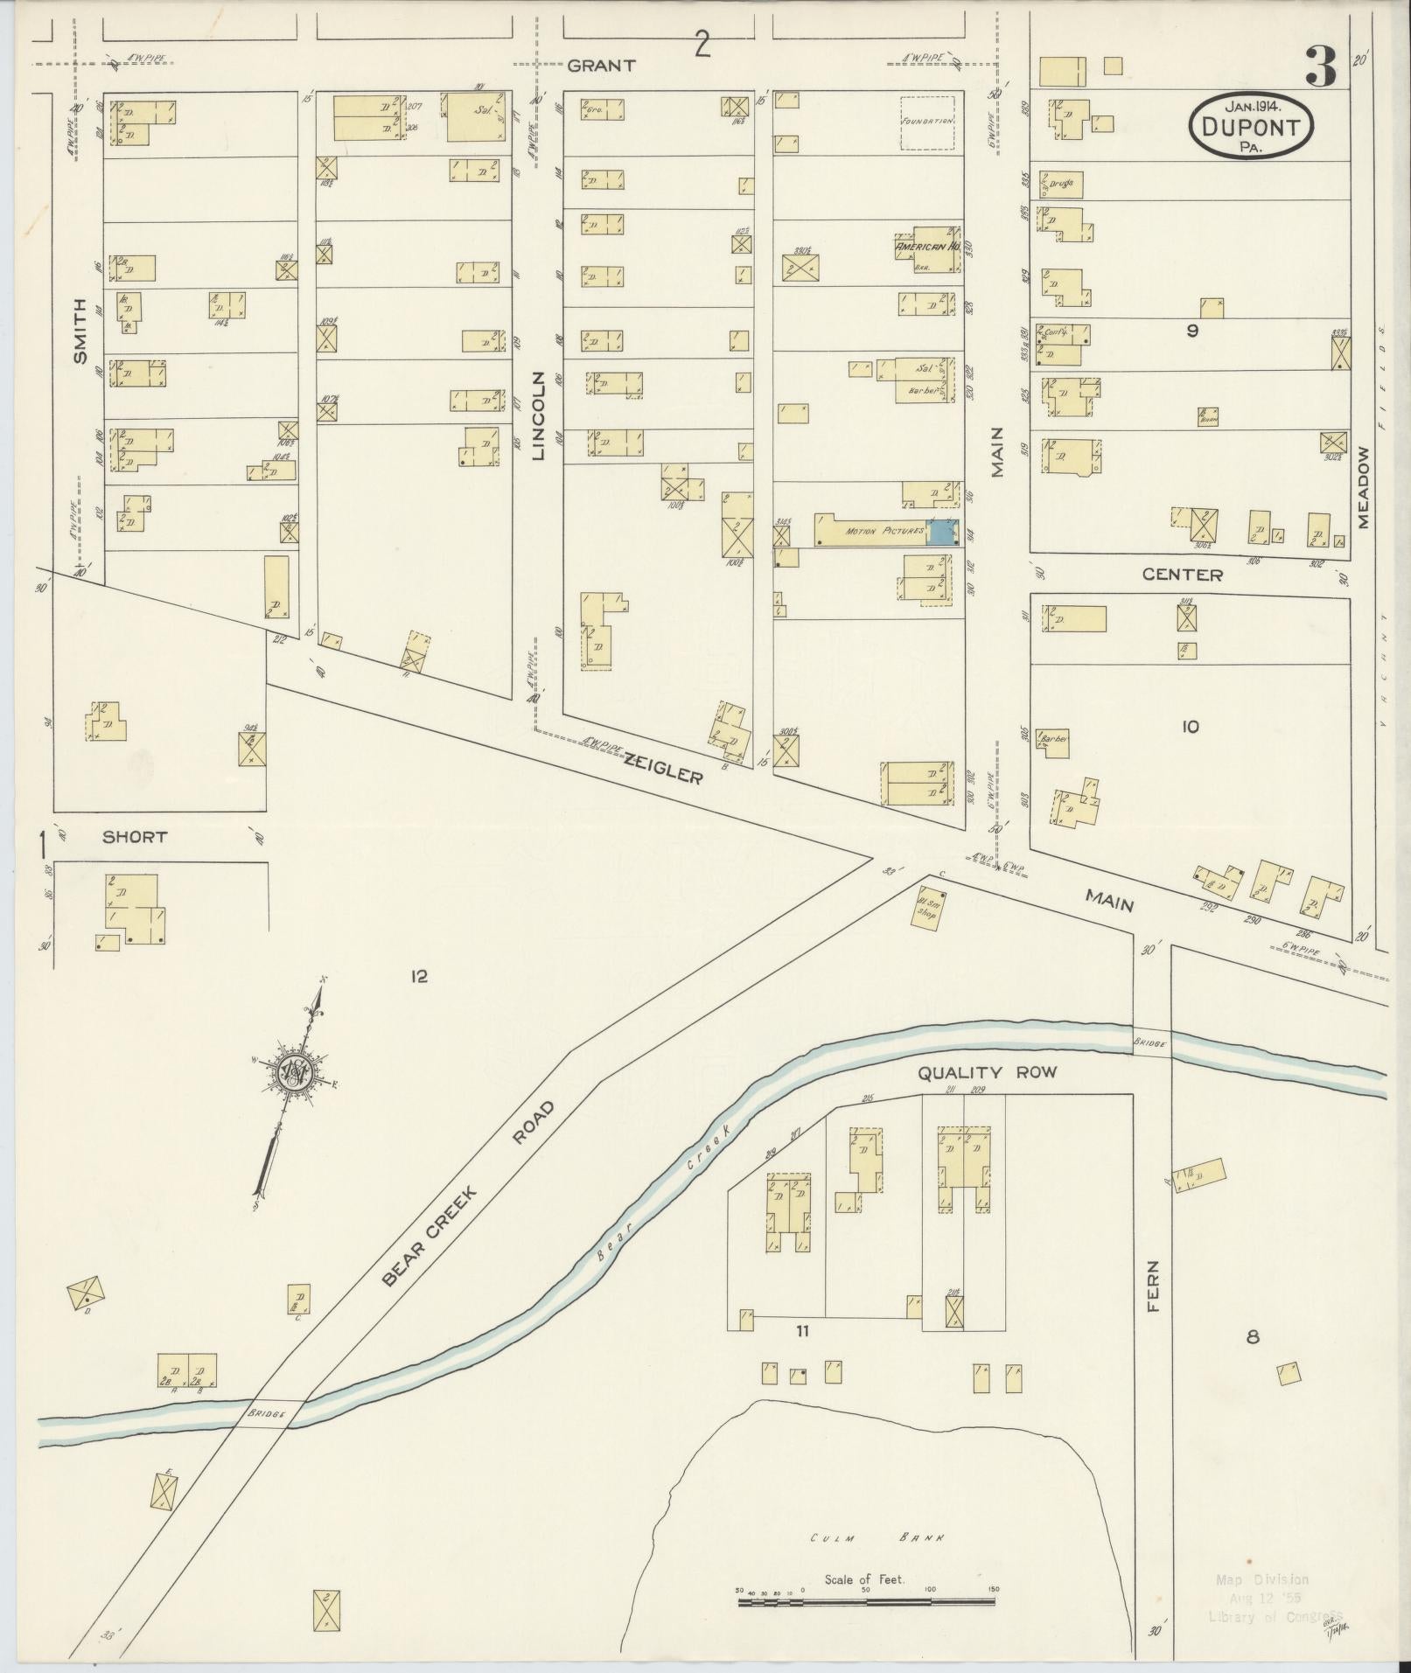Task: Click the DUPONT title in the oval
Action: [1252, 128]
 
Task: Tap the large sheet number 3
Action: [1321, 67]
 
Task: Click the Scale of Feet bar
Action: [866, 1601]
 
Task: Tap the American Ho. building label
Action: [927, 247]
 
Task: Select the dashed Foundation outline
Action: [927, 122]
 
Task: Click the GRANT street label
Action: [599, 66]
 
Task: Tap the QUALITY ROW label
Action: [987, 1072]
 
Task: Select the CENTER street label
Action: [1182, 575]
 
